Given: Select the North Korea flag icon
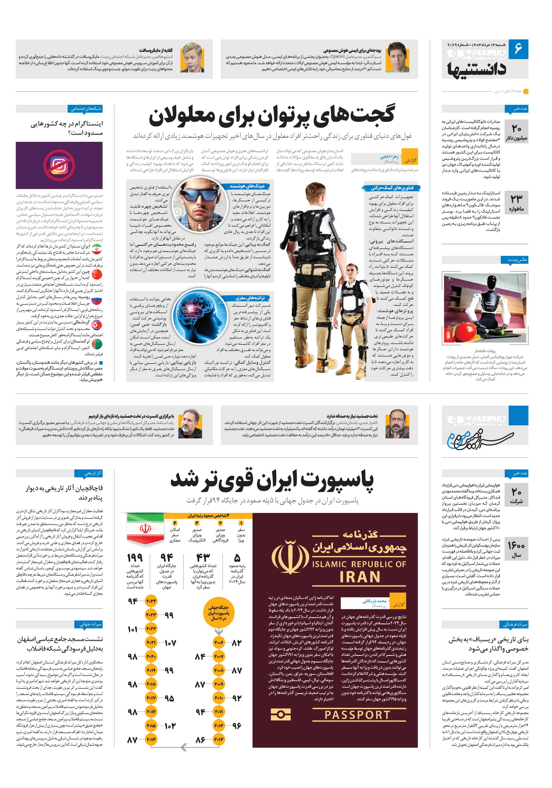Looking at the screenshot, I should click(97, 325).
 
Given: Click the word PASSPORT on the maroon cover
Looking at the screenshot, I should click(357, 715).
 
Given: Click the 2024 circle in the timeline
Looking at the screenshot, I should click(151, 601).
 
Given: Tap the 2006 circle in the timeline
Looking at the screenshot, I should click(219, 642).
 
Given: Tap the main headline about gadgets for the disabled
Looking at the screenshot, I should click(271, 116).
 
